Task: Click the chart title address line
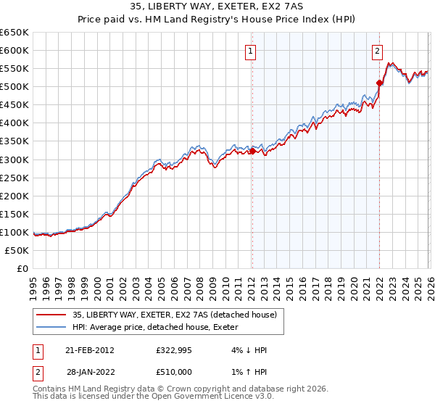(217, 6)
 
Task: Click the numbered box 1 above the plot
(250, 51)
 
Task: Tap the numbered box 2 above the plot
(378, 51)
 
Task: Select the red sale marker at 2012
(252, 151)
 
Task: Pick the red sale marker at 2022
(379, 83)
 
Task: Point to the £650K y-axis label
(14, 33)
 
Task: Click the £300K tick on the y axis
(14, 159)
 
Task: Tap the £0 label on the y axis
(22, 268)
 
